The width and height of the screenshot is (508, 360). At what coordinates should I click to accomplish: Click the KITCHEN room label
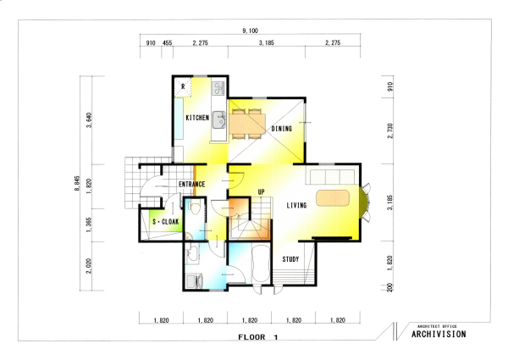(x=197, y=118)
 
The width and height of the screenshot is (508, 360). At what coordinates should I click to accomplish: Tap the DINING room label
(x=282, y=129)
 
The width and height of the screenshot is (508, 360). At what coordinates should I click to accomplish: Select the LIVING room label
(x=296, y=206)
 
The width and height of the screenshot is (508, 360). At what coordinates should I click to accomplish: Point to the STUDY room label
(x=290, y=259)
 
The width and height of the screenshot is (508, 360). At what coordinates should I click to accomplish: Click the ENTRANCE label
(x=192, y=185)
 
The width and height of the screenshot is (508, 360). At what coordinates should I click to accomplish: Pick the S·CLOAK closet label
(x=166, y=222)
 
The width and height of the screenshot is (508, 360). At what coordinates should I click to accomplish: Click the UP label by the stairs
(x=261, y=191)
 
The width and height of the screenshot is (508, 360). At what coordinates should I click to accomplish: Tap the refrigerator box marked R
(x=183, y=87)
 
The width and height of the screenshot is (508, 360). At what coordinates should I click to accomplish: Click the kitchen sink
(x=219, y=119)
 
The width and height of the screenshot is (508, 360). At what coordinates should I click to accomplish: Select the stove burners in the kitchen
(x=218, y=87)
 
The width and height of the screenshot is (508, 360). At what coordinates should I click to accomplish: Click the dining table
(x=247, y=124)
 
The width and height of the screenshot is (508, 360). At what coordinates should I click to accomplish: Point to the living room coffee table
(x=333, y=197)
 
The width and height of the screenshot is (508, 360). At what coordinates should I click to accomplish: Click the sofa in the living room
(x=333, y=177)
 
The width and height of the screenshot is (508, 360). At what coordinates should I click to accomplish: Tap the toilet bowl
(x=195, y=208)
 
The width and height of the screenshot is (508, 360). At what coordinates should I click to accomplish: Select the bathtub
(x=261, y=263)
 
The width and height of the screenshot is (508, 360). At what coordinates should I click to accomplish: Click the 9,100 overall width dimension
(x=250, y=30)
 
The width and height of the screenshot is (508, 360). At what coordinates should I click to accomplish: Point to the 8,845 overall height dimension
(x=77, y=183)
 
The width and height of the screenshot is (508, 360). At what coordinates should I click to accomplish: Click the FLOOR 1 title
(x=258, y=337)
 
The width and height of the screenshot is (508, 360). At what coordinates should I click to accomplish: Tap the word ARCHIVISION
(x=439, y=334)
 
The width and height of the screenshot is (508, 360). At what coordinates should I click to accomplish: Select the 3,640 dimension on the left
(x=89, y=120)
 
